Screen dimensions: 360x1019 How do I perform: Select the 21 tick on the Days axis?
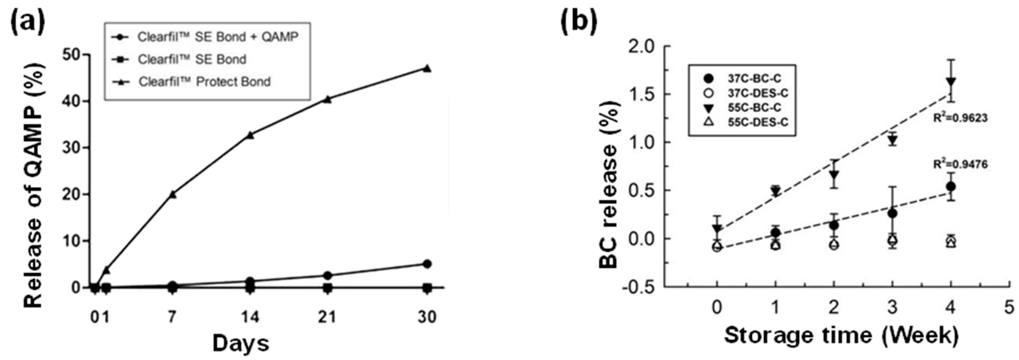(327, 317)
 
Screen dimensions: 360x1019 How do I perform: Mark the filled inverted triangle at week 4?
(951, 82)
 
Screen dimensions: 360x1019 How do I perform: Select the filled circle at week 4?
(951, 186)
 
